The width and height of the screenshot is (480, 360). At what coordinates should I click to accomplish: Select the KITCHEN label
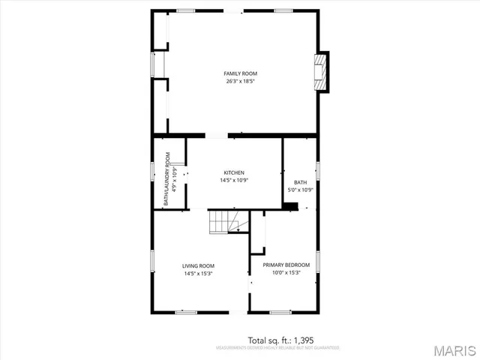pos(234,172)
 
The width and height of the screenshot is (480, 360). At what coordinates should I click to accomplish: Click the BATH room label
pos(300,182)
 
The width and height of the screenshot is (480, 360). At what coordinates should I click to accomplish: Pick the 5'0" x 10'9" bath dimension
pos(300,190)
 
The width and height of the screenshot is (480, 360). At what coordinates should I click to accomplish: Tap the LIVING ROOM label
pos(199,265)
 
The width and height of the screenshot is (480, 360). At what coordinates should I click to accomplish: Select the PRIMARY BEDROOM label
pos(286,265)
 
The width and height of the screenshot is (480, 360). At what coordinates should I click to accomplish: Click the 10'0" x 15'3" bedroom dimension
pos(286,272)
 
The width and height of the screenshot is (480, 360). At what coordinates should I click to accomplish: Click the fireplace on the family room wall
pos(322,72)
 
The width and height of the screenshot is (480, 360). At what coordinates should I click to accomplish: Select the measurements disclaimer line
pos(277,348)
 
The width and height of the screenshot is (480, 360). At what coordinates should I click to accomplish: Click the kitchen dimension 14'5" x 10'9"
pos(234,180)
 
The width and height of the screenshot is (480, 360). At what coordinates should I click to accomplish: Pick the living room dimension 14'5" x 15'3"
pos(199,273)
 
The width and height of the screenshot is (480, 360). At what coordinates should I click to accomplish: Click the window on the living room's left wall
pos(153,262)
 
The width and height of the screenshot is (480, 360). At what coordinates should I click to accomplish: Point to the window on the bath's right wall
pos(318,170)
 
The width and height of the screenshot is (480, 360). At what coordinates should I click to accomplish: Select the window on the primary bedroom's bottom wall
pos(280,311)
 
